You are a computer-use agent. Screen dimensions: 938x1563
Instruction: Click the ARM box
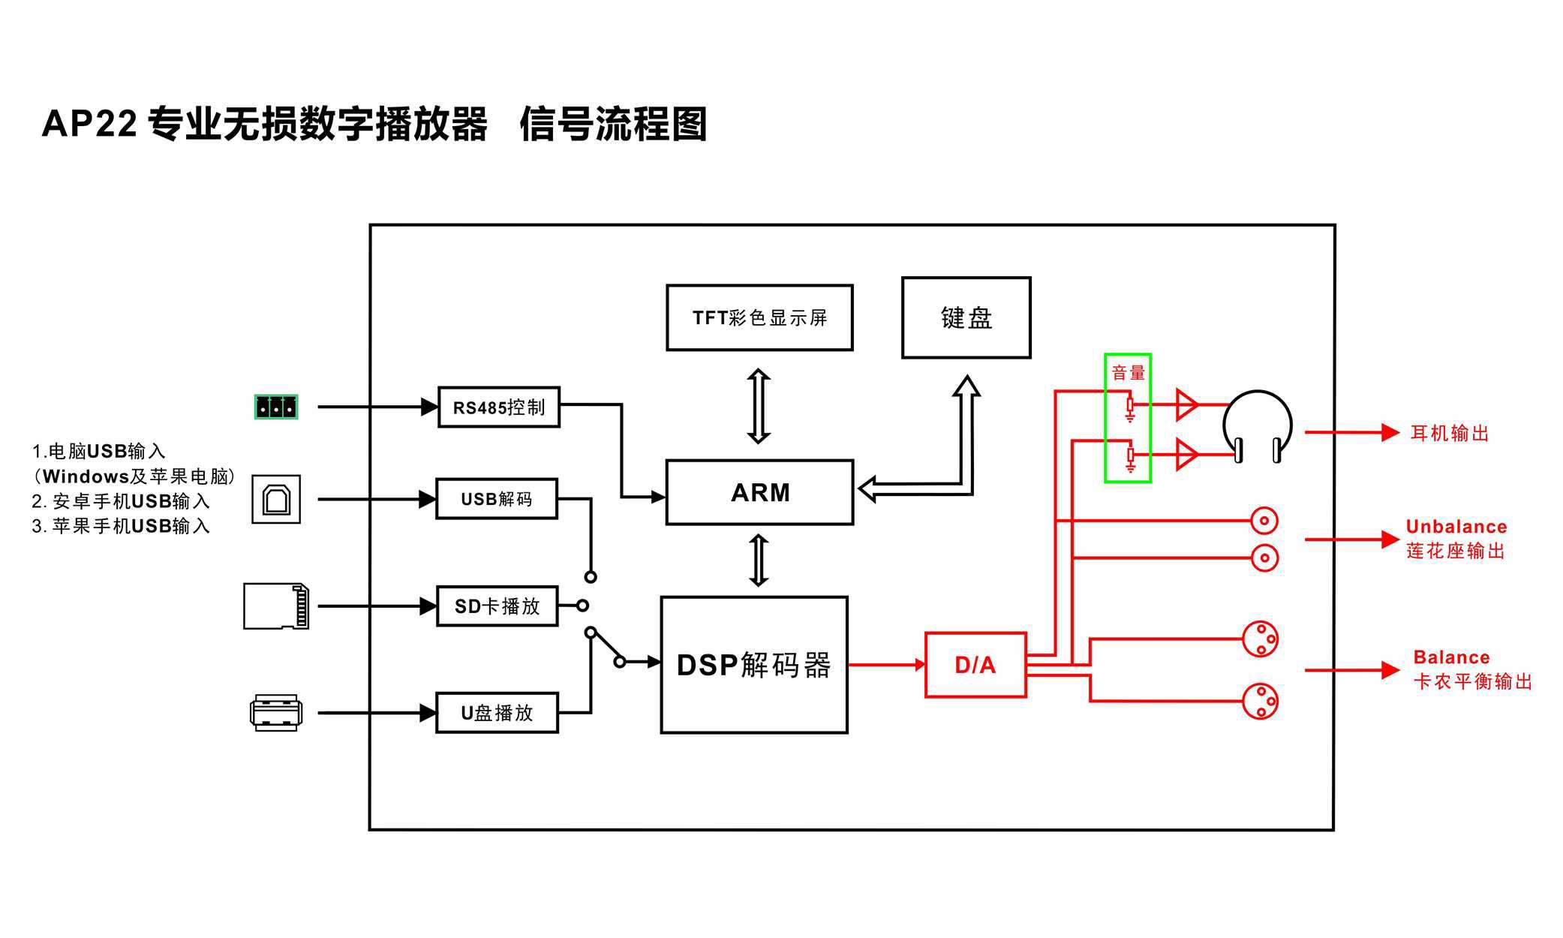(x=759, y=492)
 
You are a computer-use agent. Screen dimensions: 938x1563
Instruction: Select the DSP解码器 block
(x=754, y=665)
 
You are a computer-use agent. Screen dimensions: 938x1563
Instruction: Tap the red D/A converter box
(x=975, y=665)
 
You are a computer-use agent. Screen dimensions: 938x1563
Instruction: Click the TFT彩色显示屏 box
(x=759, y=317)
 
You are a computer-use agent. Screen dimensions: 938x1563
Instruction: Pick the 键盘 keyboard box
(x=966, y=317)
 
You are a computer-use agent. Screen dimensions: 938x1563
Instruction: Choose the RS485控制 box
(x=499, y=407)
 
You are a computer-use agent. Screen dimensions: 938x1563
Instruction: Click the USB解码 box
(x=497, y=499)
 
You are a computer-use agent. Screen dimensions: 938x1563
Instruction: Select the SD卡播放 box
(x=497, y=606)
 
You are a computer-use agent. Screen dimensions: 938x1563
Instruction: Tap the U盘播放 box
(x=497, y=713)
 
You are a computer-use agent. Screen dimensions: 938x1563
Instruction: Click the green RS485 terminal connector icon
(x=276, y=407)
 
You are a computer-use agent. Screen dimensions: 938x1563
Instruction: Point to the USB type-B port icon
(x=276, y=499)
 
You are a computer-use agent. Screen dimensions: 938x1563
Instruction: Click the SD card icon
(x=276, y=606)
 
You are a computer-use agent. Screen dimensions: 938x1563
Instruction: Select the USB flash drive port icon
(x=276, y=713)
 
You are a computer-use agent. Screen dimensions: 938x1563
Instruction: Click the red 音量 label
(x=1128, y=373)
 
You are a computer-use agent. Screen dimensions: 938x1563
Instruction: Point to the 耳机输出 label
(x=1450, y=434)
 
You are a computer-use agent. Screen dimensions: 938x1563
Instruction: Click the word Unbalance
(x=1456, y=527)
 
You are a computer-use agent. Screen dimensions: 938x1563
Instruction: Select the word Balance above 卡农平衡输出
(x=1451, y=657)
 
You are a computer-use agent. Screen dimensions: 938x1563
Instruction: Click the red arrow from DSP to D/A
(x=886, y=665)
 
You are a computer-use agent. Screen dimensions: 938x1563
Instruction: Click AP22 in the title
(x=89, y=124)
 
